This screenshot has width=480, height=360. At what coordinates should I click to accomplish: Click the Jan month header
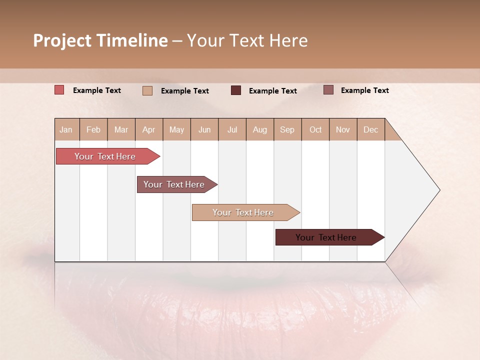pyautogui.click(x=66, y=129)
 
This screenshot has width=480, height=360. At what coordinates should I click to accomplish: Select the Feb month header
pyautogui.click(x=93, y=129)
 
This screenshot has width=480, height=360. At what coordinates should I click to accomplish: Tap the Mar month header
pyautogui.click(x=121, y=129)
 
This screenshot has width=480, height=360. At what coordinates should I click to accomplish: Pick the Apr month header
pyautogui.click(x=149, y=129)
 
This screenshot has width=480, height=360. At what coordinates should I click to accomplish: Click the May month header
pyautogui.click(x=176, y=129)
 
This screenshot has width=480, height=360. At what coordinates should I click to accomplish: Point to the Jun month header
pyautogui.click(x=204, y=129)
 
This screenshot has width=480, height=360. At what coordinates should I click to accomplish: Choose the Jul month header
pyautogui.click(x=232, y=129)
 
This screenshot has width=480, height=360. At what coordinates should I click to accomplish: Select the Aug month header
pyautogui.click(x=260, y=129)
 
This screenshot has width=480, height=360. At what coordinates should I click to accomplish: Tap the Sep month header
pyautogui.click(x=287, y=129)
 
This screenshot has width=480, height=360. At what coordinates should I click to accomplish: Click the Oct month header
pyautogui.click(x=315, y=129)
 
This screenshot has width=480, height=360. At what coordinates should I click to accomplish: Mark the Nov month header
pyautogui.click(x=343, y=129)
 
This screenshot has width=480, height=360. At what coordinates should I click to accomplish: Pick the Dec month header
pyautogui.click(x=371, y=129)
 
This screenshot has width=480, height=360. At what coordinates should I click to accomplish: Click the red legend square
pyautogui.click(x=59, y=90)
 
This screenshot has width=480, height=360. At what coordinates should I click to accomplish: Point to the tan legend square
pyautogui.click(x=147, y=90)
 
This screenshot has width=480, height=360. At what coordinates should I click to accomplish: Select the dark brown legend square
pyautogui.click(x=235, y=90)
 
